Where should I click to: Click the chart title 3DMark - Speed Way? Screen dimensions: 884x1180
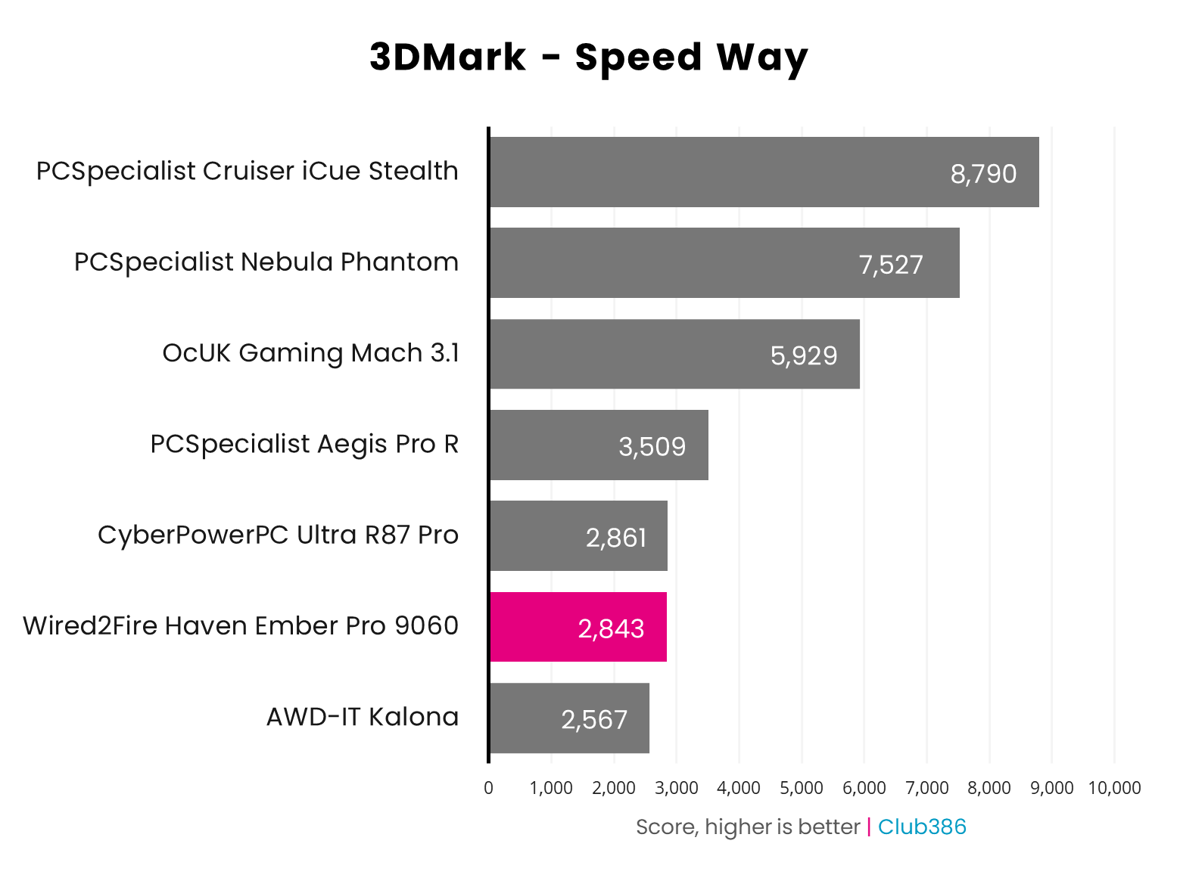click(589, 58)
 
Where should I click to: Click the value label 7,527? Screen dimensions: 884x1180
click(891, 265)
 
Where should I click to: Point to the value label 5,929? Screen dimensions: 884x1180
click(804, 355)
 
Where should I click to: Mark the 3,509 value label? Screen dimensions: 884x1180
click(652, 446)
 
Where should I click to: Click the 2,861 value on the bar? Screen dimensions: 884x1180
click(616, 538)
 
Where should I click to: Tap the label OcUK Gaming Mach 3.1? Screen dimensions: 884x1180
click(310, 353)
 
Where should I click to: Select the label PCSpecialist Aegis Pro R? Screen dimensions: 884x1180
click(304, 444)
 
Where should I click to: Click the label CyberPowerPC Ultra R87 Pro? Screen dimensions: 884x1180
click(278, 535)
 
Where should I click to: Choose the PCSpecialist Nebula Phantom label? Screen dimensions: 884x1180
click(266, 262)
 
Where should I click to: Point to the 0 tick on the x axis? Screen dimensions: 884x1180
click(488, 788)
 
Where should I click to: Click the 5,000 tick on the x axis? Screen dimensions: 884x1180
click(802, 788)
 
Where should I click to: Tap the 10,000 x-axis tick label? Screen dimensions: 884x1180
click(1114, 788)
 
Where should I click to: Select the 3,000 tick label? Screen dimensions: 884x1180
click(676, 788)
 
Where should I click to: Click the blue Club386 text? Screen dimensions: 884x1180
click(922, 827)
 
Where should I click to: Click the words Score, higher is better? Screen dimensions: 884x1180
click(748, 827)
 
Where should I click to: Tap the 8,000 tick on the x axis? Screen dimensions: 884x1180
click(989, 788)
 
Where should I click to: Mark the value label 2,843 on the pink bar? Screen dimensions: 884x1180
click(611, 628)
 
